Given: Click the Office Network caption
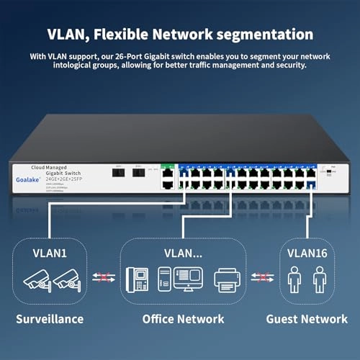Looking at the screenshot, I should coord(183,318).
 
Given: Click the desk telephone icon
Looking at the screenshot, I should coord(138,279).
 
